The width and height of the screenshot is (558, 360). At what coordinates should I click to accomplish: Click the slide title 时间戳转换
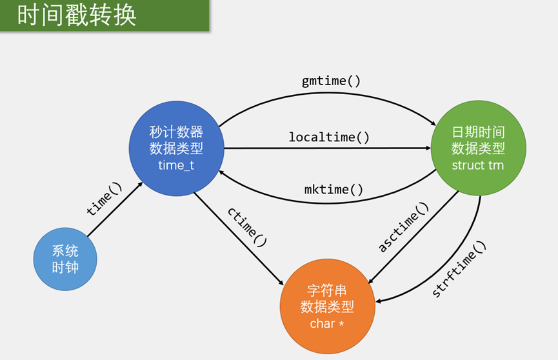point(77,15)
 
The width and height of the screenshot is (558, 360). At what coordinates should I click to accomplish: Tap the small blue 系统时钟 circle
point(65,259)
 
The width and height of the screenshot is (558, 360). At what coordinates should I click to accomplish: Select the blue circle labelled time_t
point(176,148)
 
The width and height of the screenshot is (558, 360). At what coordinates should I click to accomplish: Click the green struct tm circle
point(478,148)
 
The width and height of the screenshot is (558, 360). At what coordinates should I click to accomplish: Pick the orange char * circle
point(327,306)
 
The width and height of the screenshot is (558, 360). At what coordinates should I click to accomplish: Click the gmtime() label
point(332,81)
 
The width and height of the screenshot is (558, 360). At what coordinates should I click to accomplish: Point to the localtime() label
point(329,137)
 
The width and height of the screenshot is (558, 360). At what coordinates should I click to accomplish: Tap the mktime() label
point(334,190)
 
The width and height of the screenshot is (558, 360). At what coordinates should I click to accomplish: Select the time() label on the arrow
point(104,199)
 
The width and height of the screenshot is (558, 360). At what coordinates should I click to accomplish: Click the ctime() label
point(246,227)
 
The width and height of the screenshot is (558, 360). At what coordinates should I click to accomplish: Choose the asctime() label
point(403,227)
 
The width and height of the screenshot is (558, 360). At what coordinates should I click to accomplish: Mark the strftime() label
point(459,269)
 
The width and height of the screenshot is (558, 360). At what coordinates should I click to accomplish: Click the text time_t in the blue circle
point(176,165)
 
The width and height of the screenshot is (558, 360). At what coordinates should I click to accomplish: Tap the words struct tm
point(478,165)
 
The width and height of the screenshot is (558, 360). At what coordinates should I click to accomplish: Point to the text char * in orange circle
point(327,323)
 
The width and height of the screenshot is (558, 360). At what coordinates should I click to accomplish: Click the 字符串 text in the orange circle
point(327,290)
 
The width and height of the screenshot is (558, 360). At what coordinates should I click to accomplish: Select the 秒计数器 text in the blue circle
point(176,132)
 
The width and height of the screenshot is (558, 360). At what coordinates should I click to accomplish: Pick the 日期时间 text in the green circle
point(478,132)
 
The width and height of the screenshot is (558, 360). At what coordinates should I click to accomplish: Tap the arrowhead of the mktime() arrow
point(222,172)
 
